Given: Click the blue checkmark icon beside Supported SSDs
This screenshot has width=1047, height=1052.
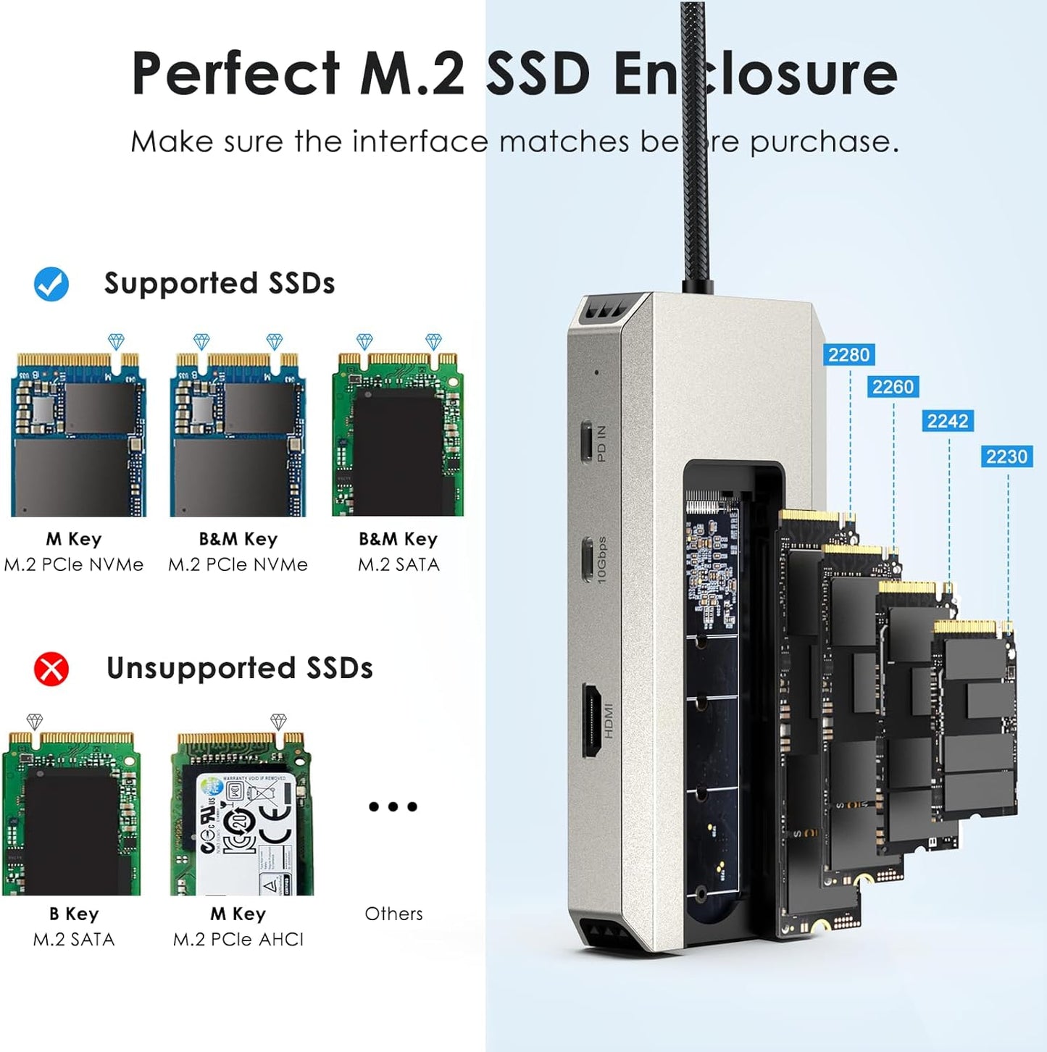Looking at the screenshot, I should coord(51,284).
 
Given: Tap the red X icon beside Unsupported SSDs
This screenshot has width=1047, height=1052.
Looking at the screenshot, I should coord(51,669).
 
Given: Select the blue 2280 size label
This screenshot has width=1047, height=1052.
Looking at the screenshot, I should coord(848,355).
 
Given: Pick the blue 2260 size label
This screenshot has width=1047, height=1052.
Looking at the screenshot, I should coord(893,387).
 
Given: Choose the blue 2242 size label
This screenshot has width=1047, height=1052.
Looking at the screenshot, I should coord(948,421).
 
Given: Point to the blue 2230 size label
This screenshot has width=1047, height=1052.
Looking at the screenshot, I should coord(1006,456).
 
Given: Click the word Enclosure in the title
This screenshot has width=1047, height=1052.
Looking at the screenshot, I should coord(755,73).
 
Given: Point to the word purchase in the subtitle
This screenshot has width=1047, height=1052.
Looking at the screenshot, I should coord(824,141).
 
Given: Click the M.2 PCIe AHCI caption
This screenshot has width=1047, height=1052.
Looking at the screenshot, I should coord(238,940).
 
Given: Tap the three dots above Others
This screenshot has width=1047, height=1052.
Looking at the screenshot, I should coord(393,806).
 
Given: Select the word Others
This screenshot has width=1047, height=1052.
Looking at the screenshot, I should coord(393,914).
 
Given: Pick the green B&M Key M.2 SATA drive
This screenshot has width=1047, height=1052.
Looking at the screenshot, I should coord(398,435).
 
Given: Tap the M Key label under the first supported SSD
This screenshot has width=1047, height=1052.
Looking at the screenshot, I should coord(74,539).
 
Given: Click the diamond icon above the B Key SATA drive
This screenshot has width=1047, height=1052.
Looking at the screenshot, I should coord(35,722).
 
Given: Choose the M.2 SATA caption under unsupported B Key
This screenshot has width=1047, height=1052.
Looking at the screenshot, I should coord(74,940).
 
